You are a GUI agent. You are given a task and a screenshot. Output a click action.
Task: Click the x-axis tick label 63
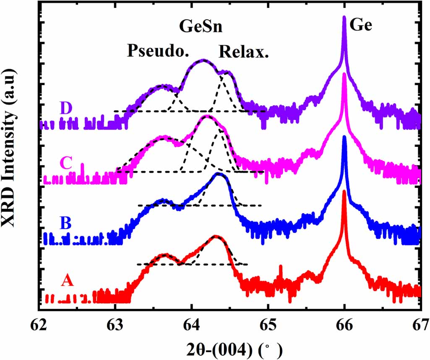tap(116, 324)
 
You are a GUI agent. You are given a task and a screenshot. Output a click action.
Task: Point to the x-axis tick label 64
tap(192, 324)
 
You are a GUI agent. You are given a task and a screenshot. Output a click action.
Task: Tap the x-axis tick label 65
tap(268, 324)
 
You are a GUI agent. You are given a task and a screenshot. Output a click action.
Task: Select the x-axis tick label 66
tap(344, 324)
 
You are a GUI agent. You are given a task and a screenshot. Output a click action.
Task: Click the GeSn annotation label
tap(201, 28)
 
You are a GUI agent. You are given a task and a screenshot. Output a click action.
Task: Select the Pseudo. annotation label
tap(158, 51)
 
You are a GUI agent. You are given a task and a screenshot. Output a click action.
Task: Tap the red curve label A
tap(68, 280)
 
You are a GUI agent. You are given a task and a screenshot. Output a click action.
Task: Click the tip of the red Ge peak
tap(344, 191)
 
